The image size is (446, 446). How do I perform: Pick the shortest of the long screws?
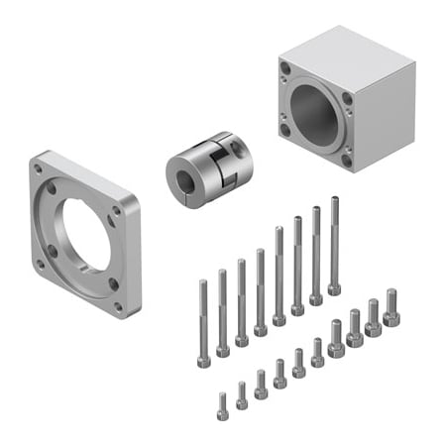[x=203, y=322]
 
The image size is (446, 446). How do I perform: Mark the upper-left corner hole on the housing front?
[x=285, y=69]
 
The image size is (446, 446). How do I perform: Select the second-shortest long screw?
[x=222, y=311]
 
